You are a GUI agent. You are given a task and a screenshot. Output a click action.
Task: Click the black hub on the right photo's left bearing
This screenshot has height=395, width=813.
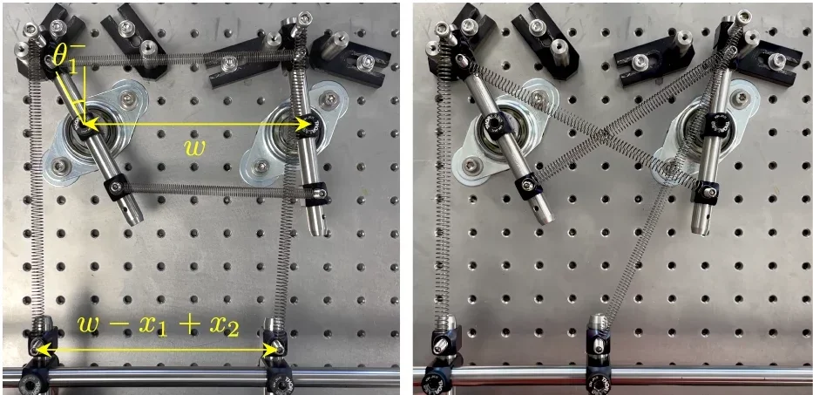498,129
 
